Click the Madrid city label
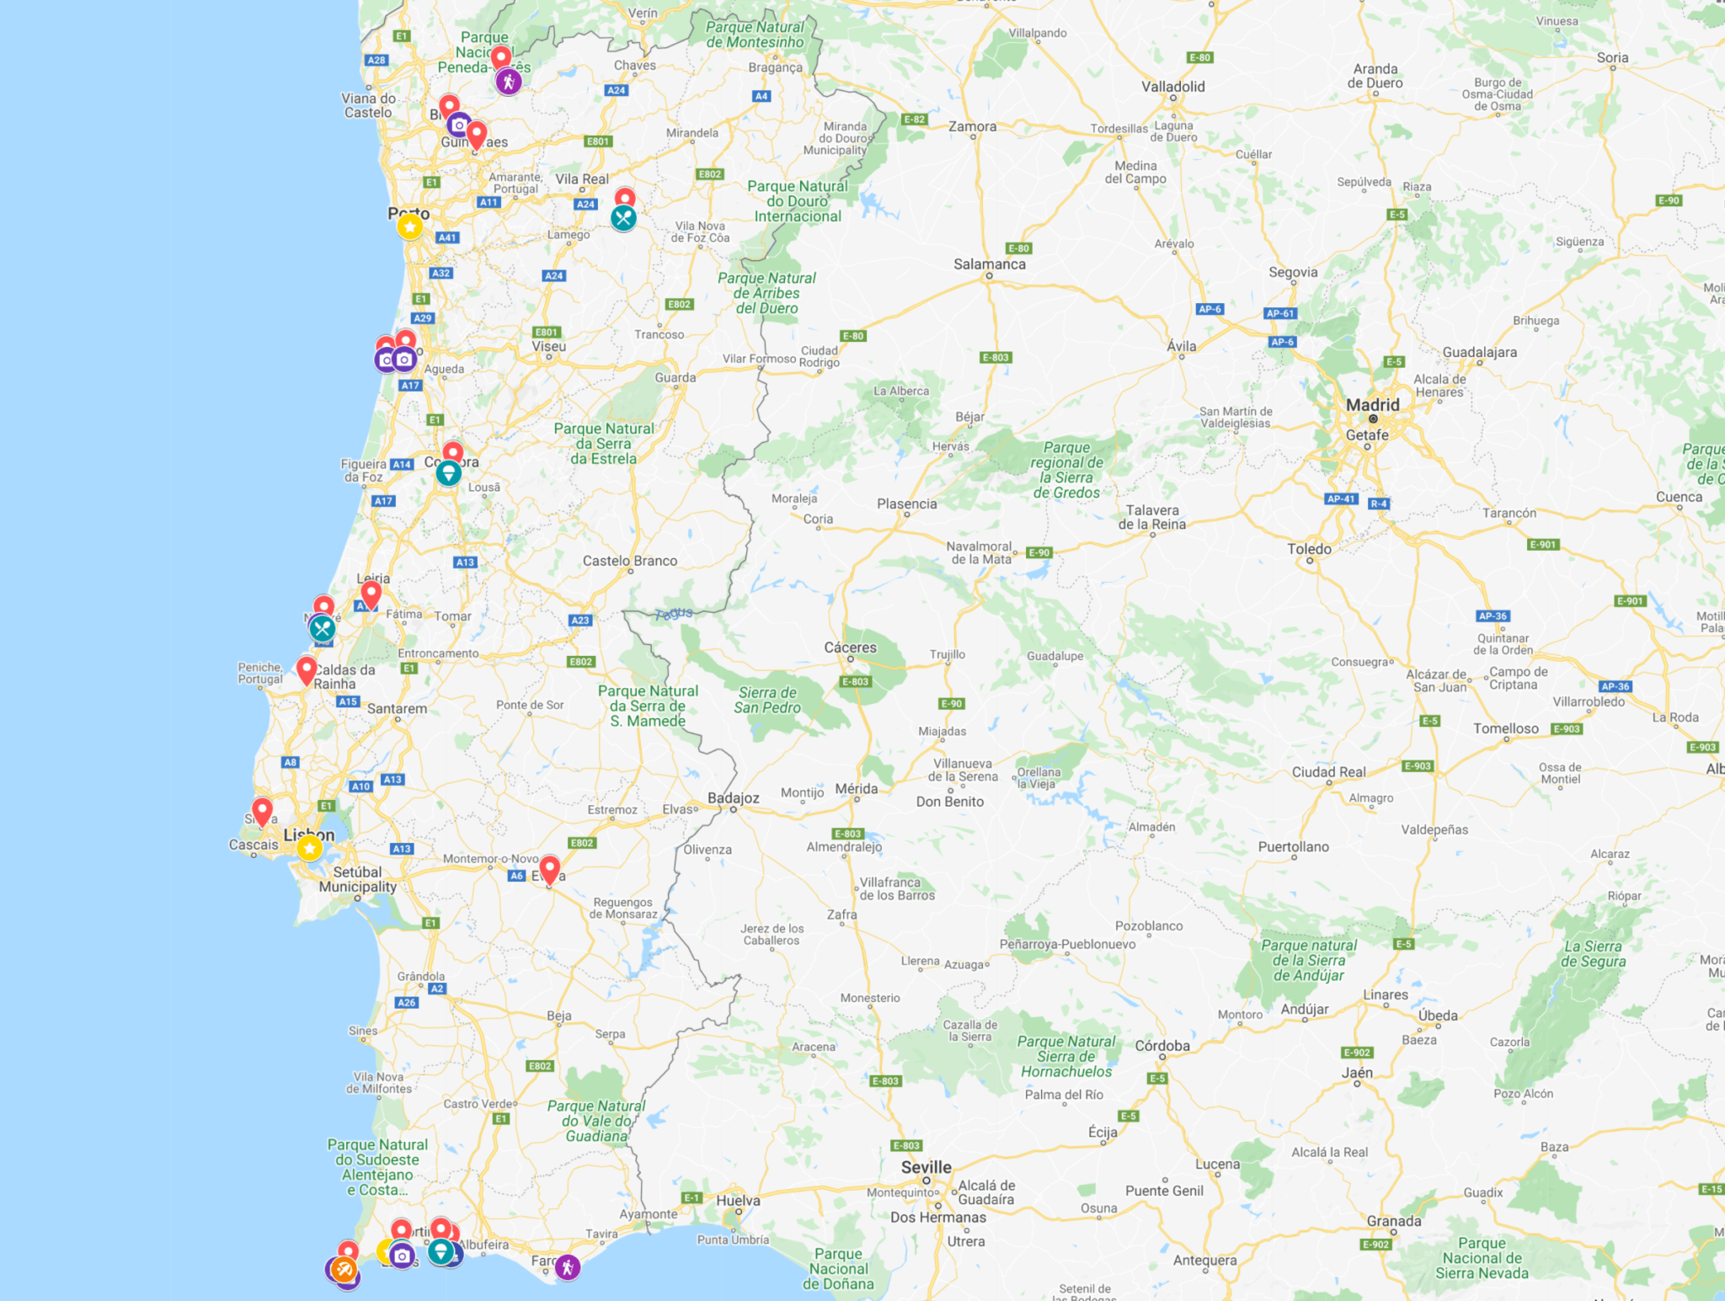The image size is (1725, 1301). pos(1372,405)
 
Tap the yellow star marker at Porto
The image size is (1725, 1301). pos(409,227)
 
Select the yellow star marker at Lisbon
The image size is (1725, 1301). pos(310,848)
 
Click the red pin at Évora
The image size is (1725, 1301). pos(549,869)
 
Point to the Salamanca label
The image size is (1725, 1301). pos(989,264)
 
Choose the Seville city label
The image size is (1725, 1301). pos(926,1167)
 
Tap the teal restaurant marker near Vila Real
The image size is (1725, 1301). pos(623,218)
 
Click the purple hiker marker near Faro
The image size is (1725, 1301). pos(568,1266)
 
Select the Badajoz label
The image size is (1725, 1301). pos(733,798)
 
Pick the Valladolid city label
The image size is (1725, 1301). pos(1172,87)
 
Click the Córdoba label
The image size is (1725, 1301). pos(1162,1046)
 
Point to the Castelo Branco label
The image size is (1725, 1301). pos(629,561)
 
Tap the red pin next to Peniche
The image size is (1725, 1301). pos(307,670)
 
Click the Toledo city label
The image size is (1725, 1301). pos(1309,549)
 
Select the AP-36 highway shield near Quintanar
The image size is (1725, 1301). pos(1493,616)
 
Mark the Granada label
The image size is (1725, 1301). pos(1394,1221)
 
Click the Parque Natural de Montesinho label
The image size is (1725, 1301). pos(755,35)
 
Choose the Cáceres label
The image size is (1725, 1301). pos(850,648)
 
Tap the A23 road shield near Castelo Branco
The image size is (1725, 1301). pos(580,621)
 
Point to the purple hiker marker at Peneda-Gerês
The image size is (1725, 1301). pos(508,82)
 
